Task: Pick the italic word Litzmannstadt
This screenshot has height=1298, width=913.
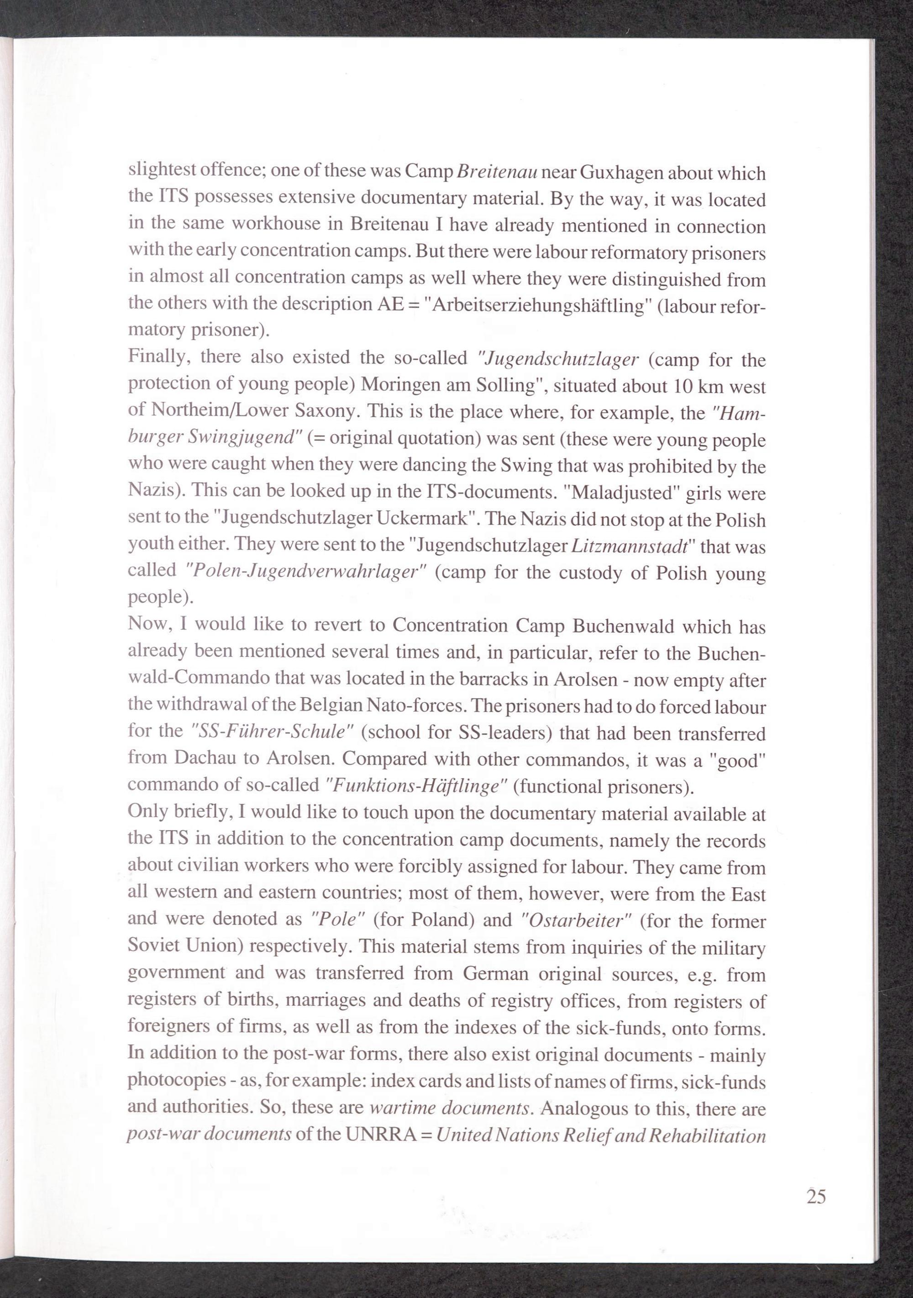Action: [630, 546]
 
